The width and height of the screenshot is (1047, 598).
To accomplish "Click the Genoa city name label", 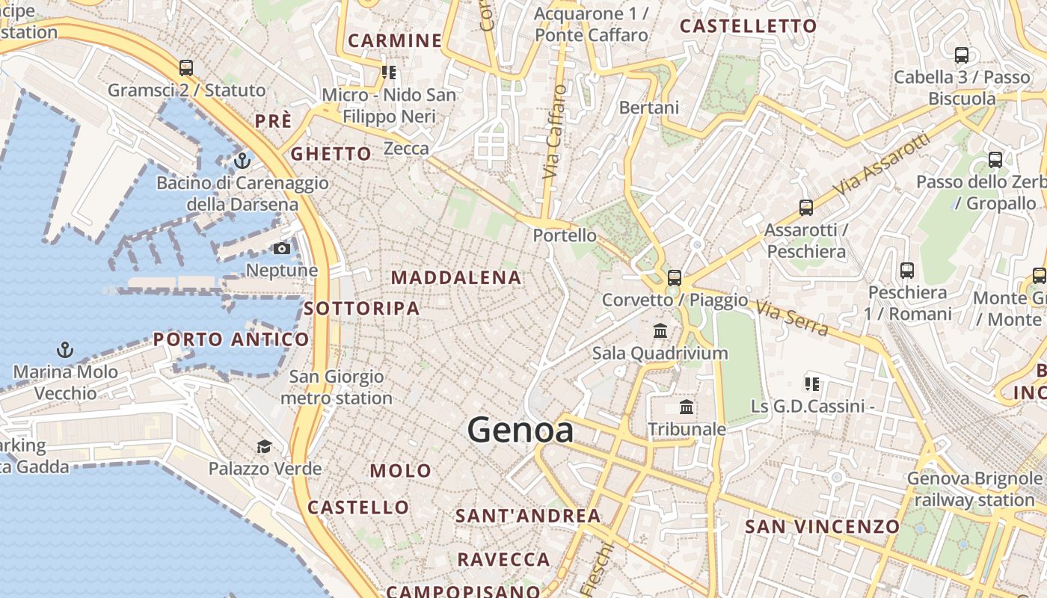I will tap(521, 430).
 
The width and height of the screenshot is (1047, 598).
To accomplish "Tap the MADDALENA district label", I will tap(456, 277).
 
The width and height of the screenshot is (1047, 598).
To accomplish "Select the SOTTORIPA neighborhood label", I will tap(362, 308).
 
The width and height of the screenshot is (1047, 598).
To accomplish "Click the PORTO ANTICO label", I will tap(231, 339).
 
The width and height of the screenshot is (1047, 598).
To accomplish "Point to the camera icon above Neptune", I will tap(282, 249).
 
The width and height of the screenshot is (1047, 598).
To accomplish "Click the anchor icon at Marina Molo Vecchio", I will tap(65, 350).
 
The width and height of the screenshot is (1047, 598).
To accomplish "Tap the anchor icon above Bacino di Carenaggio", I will tap(242, 161).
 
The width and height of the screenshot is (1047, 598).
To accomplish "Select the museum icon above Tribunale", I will tap(687, 407).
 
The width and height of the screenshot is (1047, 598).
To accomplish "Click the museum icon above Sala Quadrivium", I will tap(660, 330).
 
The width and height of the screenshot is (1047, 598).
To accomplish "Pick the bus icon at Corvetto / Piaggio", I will tap(675, 278).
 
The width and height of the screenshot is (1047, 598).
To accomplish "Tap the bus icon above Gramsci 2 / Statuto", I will tap(186, 68).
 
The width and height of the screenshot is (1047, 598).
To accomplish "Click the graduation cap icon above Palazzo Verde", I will tap(264, 447).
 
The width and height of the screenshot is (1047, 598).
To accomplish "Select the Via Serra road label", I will tap(792, 318).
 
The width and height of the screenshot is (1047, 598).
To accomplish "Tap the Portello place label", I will tap(565, 235).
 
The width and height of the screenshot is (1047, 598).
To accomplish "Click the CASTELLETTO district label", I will tap(748, 26).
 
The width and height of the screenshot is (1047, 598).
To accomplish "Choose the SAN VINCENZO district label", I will tap(822, 526).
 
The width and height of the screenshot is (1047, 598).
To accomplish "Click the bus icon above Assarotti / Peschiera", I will tap(806, 208).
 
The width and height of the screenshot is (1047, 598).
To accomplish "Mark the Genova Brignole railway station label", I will tap(974, 489).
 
